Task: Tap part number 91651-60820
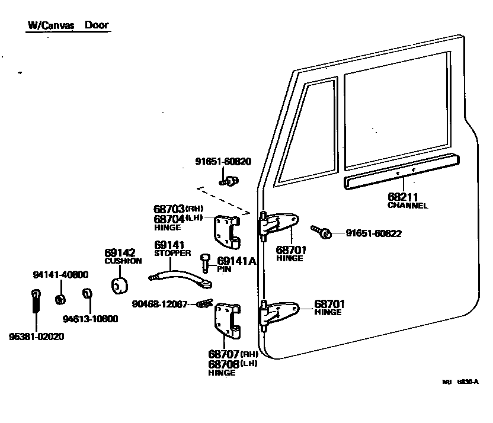[x=223, y=161]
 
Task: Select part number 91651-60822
[x=374, y=233]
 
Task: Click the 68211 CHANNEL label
[x=408, y=200]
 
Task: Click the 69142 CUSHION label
[x=123, y=256]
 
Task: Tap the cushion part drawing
[x=121, y=284]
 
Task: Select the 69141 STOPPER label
[x=172, y=248]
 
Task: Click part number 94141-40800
[x=60, y=274]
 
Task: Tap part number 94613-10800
[x=91, y=319]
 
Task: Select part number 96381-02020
[x=37, y=337]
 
